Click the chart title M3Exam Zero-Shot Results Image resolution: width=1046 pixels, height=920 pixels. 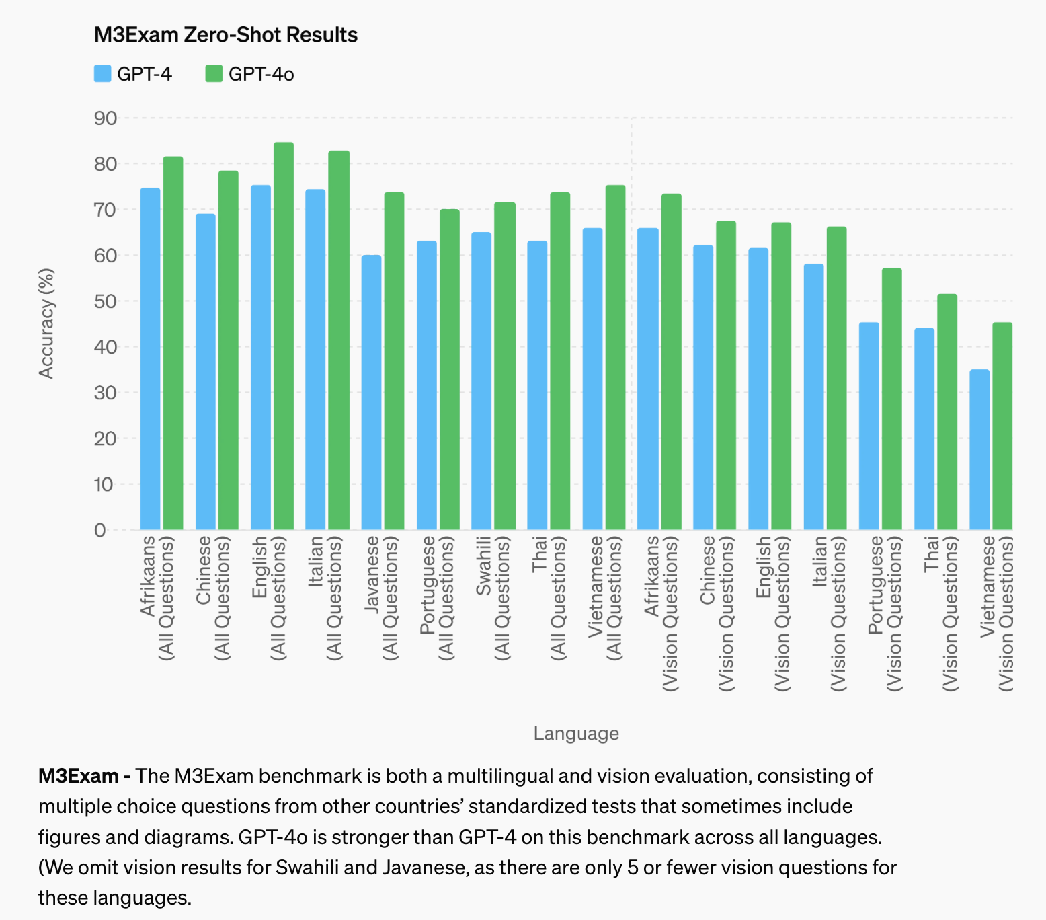225,34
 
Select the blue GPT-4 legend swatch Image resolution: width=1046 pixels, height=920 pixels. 102,74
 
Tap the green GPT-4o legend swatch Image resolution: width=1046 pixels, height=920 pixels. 214,74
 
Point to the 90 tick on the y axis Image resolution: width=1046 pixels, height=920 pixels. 106,118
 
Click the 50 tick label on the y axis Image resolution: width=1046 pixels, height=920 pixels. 106,301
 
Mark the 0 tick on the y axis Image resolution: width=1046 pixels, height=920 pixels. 100,530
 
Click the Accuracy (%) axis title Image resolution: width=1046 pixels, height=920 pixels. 46,323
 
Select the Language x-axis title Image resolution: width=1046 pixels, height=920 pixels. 576,733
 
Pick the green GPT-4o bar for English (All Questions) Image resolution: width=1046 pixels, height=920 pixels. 284,336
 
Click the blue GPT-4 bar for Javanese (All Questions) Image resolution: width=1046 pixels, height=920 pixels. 371,393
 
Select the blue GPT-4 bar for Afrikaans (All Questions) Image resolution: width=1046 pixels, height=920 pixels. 150,359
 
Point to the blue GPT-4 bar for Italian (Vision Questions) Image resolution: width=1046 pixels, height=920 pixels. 813,397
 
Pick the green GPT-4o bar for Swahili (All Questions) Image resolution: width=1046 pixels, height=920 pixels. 505,366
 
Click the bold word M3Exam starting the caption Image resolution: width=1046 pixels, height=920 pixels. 79,776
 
